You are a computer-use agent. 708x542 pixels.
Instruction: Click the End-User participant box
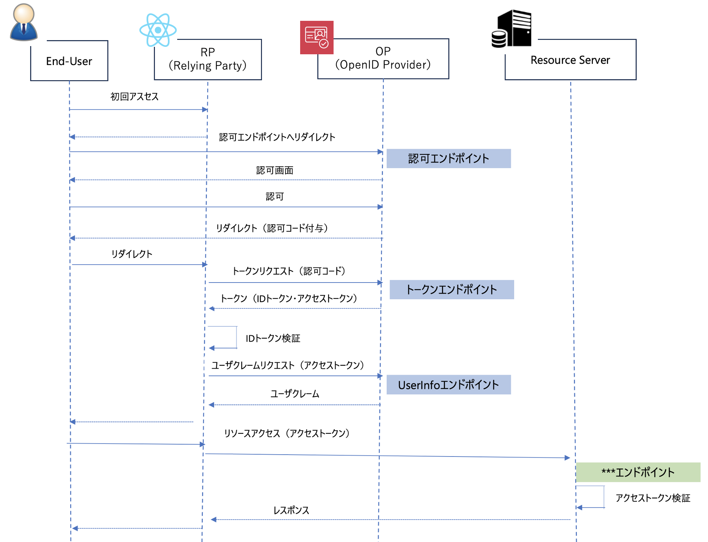click(x=69, y=61)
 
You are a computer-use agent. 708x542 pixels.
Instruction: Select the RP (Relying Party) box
click(x=208, y=59)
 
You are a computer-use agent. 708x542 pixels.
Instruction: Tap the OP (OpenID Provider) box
click(x=383, y=58)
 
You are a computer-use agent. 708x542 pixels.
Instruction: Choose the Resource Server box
click(x=570, y=60)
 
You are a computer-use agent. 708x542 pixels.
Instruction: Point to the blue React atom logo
click(x=158, y=30)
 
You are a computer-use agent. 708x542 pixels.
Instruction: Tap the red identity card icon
click(x=316, y=37)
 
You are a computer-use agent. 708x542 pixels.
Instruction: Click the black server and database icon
click(x=511, y=29)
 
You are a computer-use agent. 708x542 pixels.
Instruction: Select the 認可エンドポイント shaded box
click(x=448, y=159)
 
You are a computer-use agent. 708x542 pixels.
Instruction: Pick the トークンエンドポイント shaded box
click(x=451, y=290)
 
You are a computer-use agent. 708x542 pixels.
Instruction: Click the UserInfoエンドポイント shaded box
click(x=448, y=385)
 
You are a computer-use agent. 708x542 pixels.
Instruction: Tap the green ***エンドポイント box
click(x=638, y=472)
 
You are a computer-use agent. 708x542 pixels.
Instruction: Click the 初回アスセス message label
click(x=134, y=97)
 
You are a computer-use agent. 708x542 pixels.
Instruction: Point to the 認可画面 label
click(x=275, y=170)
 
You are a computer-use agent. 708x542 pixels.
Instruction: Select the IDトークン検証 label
click(x=273, y=338)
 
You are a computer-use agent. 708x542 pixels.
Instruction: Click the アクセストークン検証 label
click(x=653, y=498)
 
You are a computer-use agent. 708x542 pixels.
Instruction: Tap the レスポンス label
click(x=291, y=510)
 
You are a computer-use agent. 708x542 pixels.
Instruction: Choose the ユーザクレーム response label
click(x=295, y=394)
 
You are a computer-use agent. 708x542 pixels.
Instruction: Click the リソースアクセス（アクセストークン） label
click(x=287, y=433)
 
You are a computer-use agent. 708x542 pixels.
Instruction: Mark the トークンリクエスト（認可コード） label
click(x=289, y=271)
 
